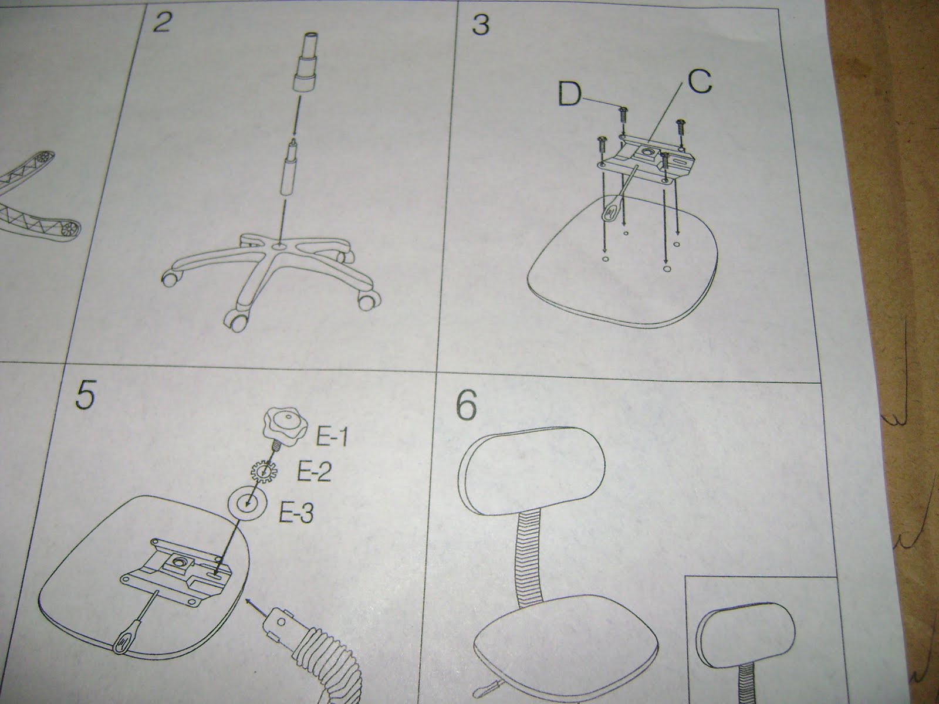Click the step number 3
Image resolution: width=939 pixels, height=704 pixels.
[479, 26]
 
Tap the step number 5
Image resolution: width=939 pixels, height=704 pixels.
[85, 399]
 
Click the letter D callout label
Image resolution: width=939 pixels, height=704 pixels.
[569, 96]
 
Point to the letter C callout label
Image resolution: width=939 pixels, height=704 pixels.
[698, 82]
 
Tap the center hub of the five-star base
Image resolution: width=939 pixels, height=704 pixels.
[283, 247]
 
